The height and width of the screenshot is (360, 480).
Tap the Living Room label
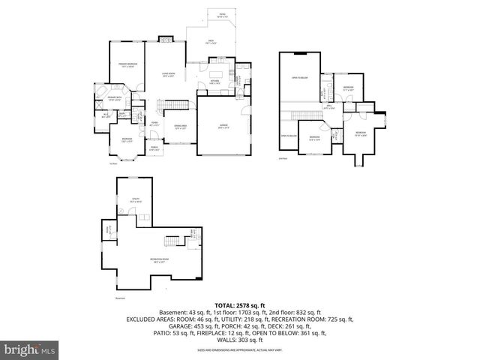pyautogui.click(x=167, y=74)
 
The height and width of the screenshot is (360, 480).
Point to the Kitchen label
pyautogui.click(x=214, y=81)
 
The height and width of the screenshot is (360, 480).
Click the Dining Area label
pyautogui.click(x=180, y=127)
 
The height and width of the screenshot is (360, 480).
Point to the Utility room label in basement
pyautogui.click(x=134, y=201)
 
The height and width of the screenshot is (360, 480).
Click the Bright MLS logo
pyautogui.click(x=29, y=349)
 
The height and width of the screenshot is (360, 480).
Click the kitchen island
pyautogui.click(x=216, y=76)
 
